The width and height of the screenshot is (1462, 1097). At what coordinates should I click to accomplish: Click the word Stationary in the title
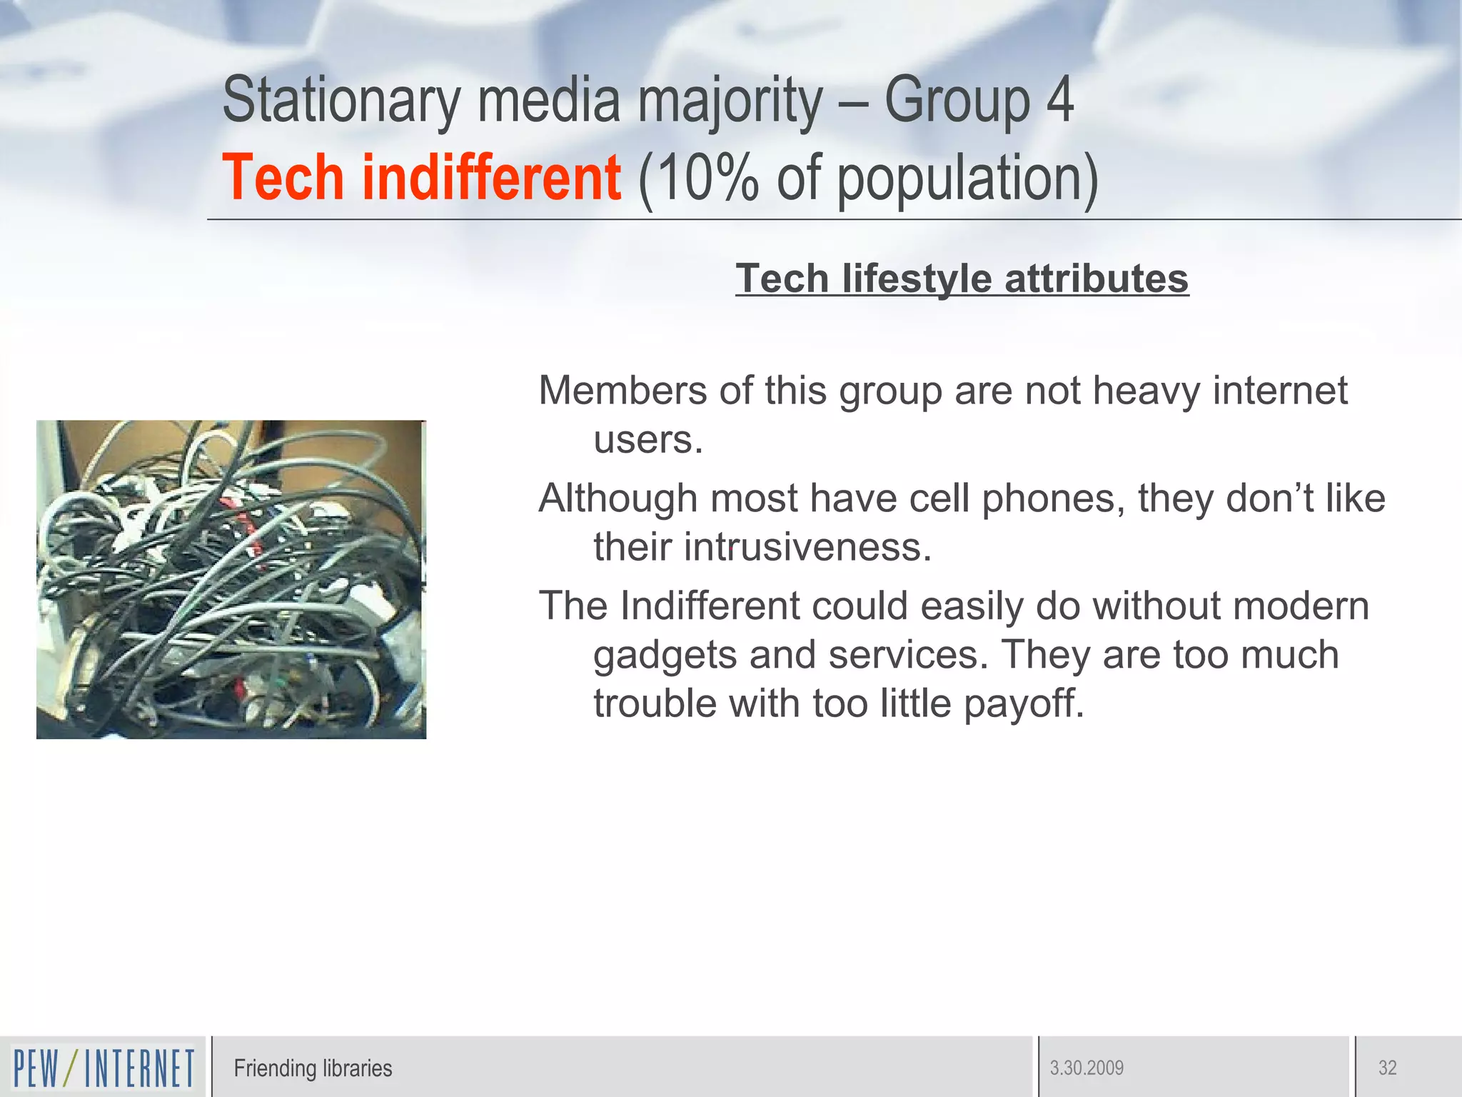point(341,101)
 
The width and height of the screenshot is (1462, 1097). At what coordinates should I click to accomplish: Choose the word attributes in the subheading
point(1096,279)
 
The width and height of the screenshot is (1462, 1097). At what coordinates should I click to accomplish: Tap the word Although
point(618,499)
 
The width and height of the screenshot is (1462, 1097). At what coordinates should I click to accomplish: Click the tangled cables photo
point(231,579)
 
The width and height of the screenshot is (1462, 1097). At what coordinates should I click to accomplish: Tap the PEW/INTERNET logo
point(104,1068)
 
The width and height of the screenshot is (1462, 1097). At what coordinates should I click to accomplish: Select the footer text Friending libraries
point(313,1068)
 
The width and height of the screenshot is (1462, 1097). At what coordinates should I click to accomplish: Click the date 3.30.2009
point(1087,1068)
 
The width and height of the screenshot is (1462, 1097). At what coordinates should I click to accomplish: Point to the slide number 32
point(1387,1068)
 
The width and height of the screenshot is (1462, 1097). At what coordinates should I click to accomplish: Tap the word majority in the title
point(730,101)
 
